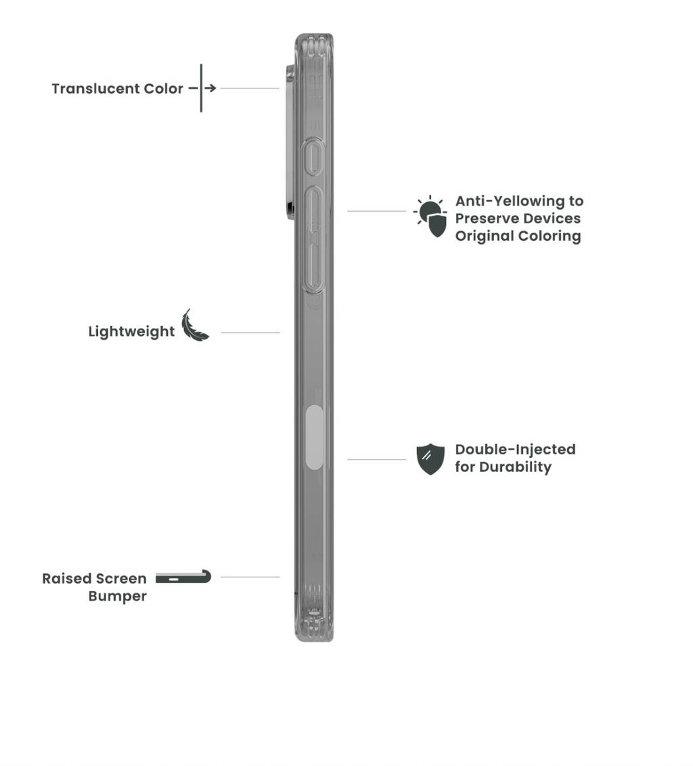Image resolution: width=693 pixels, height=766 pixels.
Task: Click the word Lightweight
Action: pyautogui.click(x=131, y=332)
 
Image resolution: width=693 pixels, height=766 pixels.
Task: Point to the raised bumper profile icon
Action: pyautogui.click(x=183, y=577)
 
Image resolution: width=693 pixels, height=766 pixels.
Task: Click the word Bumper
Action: pyautogui.click(x=117, y=596)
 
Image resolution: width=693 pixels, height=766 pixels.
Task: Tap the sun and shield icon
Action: pyautogui.click(x=430, y=216)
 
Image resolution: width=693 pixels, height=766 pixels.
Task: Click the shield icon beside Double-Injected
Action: pyautogui.click(x=430, y=459)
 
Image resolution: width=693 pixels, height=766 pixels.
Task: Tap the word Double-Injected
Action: pyautogui.click(x=515, y=450)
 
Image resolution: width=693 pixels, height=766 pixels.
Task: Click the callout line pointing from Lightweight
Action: pyautogui.click(x=250, y=333)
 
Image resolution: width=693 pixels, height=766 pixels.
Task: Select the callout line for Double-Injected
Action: pyautogui.click(x=377, y=460)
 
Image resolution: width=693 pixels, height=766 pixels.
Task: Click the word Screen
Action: pyautogui.click(x=120, y=579)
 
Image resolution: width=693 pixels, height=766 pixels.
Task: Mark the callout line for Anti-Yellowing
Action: pyautogui.click(x=377, y=211)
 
